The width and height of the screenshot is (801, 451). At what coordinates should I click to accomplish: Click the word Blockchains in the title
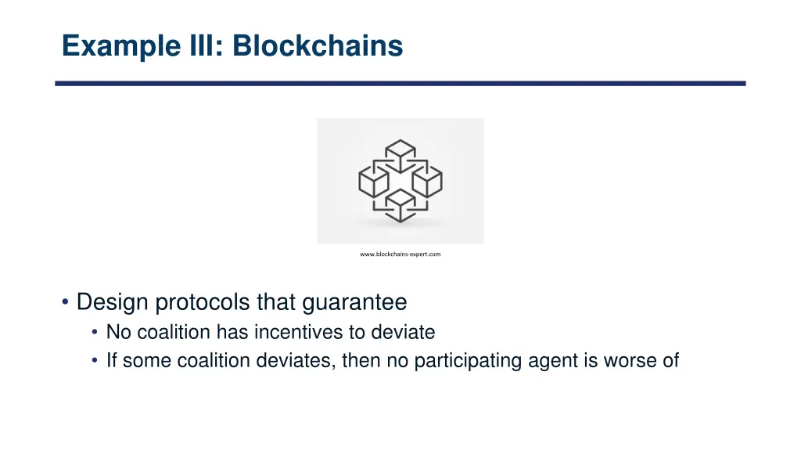317,46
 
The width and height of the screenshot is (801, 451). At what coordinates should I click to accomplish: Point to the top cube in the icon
400,154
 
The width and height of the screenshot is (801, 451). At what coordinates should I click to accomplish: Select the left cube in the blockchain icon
373,182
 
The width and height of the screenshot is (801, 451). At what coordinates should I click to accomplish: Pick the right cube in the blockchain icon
427,182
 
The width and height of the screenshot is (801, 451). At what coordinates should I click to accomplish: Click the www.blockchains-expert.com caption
400,254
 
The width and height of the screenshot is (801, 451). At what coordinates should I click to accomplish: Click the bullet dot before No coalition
95,333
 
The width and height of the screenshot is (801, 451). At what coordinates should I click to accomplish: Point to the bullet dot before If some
95,362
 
